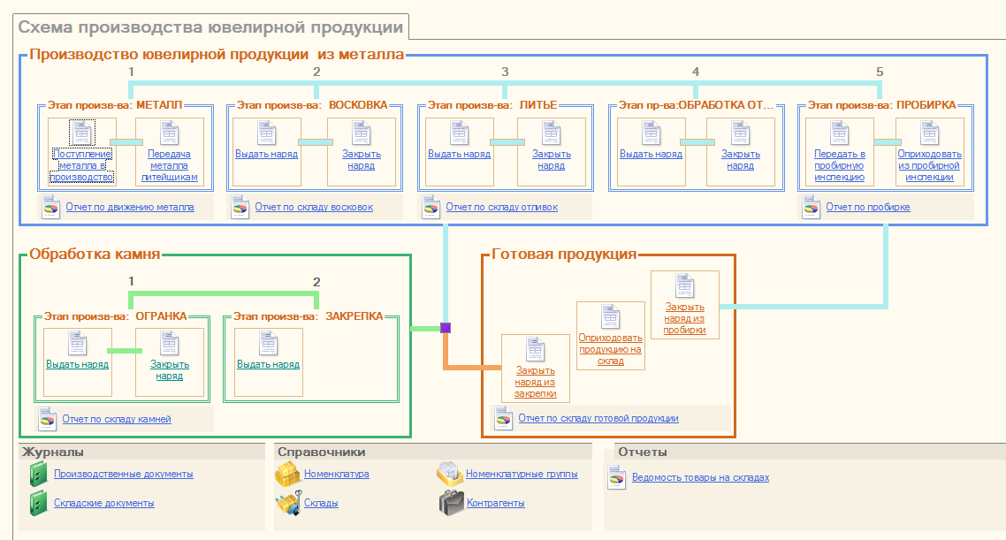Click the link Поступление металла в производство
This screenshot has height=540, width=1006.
82,165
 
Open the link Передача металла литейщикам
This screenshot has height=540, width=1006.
168,165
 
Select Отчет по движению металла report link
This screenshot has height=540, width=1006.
129,208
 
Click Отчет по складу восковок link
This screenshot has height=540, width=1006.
314,208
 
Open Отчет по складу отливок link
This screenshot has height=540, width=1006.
501,208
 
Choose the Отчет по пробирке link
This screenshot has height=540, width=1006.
867,208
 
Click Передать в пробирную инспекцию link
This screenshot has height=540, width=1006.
839,165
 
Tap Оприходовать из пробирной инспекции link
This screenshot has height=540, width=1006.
929,165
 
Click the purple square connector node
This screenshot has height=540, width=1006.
446,328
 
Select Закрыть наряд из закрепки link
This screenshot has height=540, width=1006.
535,382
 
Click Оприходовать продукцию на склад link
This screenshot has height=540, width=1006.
610,348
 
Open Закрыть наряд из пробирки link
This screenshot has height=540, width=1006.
685,318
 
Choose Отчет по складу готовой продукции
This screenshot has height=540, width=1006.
598,418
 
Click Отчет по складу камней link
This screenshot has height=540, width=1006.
116,419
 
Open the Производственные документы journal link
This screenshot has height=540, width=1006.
123,474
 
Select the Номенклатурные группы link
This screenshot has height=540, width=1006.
522,474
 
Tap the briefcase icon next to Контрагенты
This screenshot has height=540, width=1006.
452,503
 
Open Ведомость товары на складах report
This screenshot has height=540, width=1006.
700,477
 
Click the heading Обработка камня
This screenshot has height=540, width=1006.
95,255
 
